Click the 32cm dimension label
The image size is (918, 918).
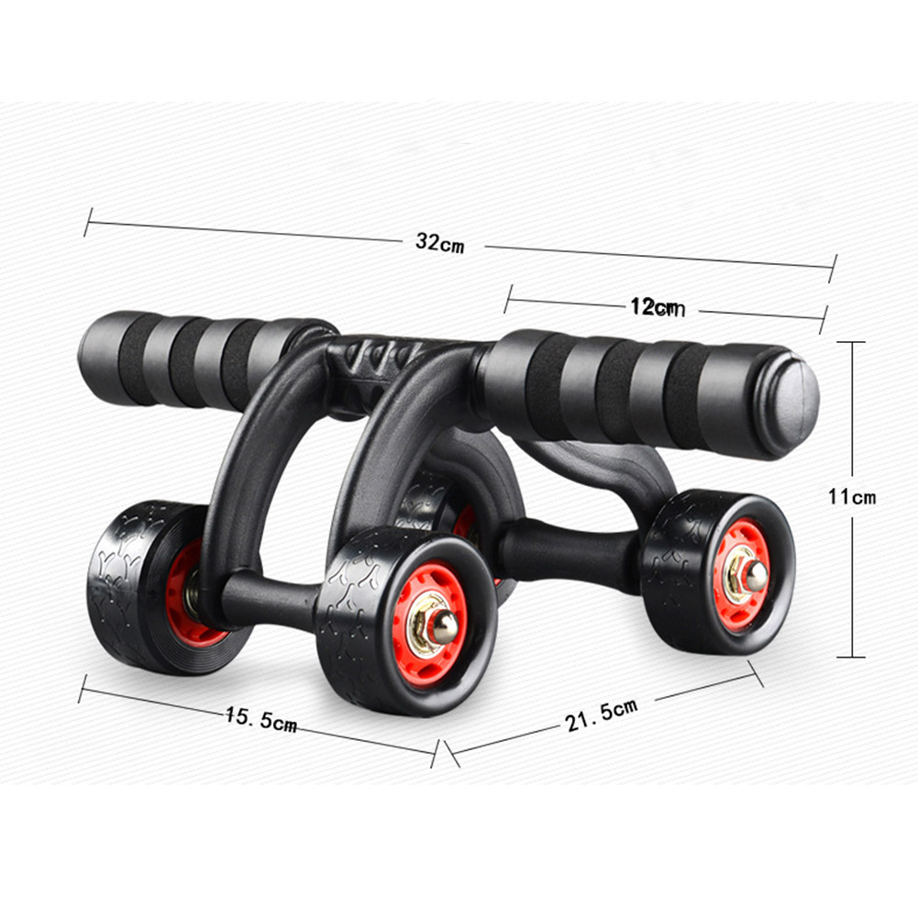click(x=439, y=243)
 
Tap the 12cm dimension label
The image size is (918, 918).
click(x=658, y=308)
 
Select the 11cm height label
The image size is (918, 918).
click(x=852, y=498)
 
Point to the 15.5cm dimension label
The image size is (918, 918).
click(x=260, y=720)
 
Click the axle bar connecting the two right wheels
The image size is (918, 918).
click(x=569, y=551)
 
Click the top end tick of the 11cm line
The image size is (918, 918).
click(x=852, y=342)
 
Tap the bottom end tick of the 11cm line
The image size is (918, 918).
click(x=852, y=657)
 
